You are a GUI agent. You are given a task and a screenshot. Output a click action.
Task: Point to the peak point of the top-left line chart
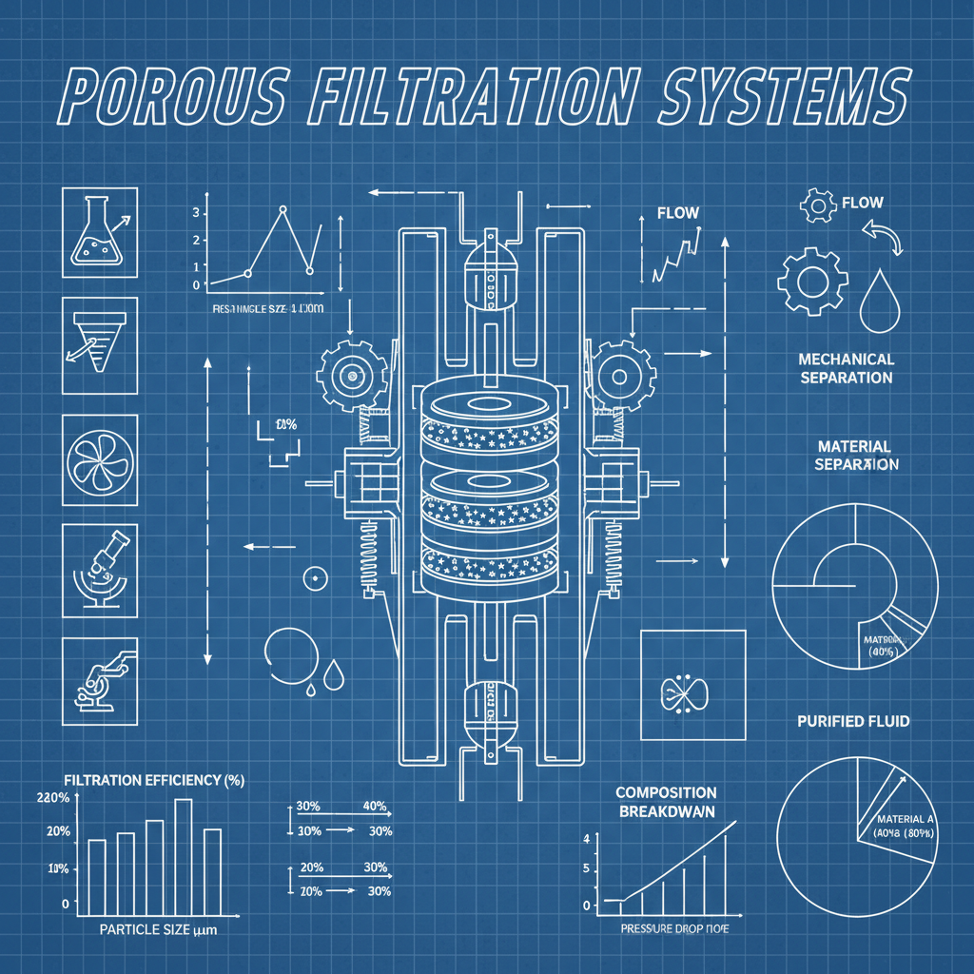coord(282,208)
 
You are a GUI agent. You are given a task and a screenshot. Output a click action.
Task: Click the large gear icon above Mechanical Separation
coord(812,281)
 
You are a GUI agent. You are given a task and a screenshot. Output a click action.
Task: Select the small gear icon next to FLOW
coord(817,205)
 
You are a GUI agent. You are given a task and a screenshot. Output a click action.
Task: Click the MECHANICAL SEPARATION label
coord(846,368)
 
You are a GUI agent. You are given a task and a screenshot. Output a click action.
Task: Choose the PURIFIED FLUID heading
coord(853,721)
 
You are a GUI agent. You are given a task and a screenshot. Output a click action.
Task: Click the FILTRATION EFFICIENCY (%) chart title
coord(154,780)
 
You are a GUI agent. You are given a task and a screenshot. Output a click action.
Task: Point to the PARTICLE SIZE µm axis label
coord(158,930)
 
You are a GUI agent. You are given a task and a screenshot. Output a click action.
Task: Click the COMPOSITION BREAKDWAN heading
coord(666,801)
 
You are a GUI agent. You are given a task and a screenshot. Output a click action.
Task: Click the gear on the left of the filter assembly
coord(353,378)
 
